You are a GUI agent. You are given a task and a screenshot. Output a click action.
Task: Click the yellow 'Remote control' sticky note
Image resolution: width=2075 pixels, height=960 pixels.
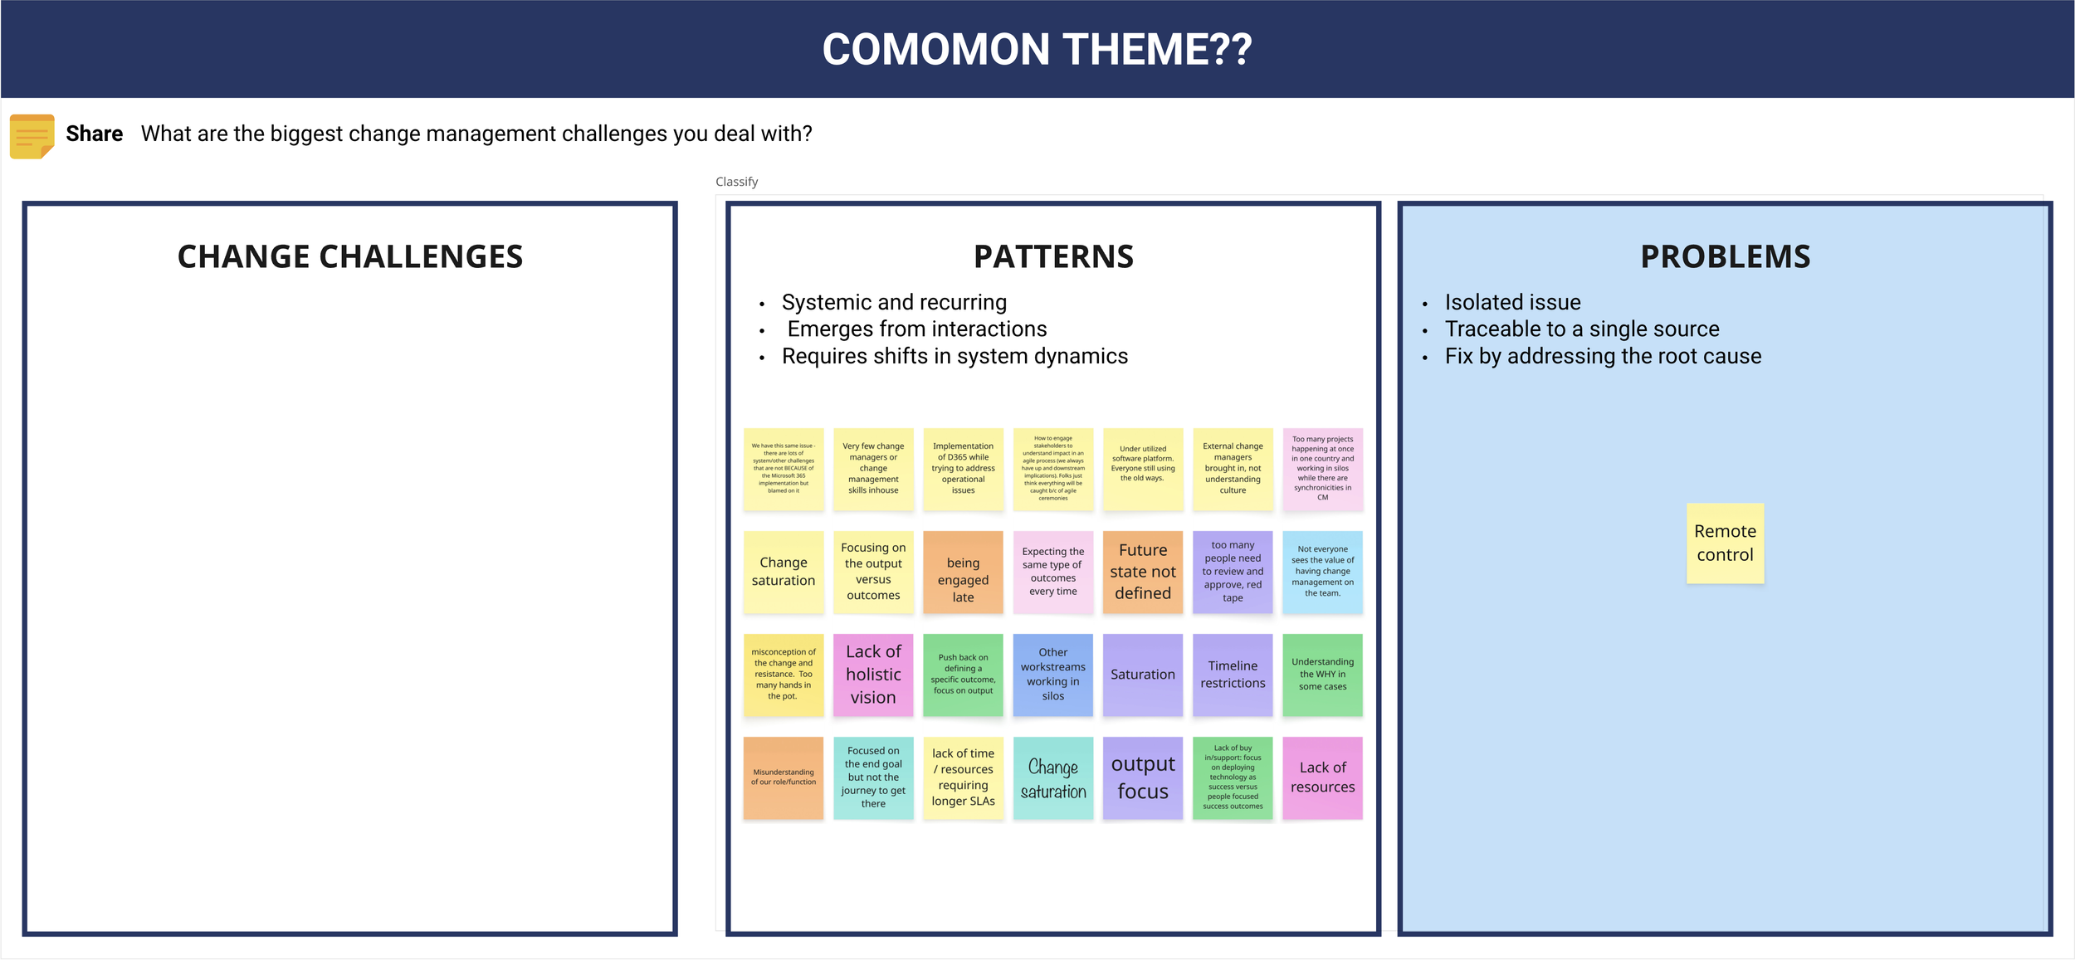click(1725, 543)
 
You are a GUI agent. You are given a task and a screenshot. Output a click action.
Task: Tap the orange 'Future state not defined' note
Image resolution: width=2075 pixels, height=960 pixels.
click(1143, 572)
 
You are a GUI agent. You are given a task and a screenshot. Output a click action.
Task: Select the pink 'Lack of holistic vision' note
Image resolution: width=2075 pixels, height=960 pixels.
click(873, 675)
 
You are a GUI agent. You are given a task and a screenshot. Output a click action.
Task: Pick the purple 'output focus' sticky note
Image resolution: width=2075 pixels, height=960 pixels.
click(1143, 777)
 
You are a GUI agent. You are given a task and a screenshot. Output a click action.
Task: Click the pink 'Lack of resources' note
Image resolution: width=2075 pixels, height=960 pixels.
click(1322, 777)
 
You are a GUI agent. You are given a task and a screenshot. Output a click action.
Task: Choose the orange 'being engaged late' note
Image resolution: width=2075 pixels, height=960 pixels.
click(963, 572)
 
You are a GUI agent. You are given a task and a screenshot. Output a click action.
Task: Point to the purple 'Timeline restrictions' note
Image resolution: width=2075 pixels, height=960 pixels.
click(1233, 675)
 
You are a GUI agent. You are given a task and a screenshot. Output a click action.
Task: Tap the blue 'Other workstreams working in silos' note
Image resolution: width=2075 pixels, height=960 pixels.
click(1052, 675)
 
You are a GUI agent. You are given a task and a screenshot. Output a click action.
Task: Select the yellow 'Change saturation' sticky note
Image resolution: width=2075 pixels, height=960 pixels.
click(784, 572)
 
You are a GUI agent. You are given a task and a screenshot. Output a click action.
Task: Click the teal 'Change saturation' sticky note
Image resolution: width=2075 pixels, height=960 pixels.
click(1052, 777)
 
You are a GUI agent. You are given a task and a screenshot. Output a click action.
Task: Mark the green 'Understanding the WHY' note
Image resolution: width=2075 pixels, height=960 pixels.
click(1322, 675)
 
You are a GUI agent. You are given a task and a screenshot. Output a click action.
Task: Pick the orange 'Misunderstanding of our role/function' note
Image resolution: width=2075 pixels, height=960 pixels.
click(784, 777)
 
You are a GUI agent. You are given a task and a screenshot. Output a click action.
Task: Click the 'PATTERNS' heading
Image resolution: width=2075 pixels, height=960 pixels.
click(1053, 257)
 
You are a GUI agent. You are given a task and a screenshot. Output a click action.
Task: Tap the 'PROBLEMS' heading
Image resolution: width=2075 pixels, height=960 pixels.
click(1725, 257)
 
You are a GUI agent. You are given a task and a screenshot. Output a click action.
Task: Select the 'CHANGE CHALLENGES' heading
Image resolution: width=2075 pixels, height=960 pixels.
click(350, 257)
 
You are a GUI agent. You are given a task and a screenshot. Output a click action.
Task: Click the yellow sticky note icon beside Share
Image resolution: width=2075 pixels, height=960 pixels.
click(32, 136)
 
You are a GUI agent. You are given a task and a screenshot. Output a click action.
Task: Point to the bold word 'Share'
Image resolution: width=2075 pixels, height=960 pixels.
click(94, 134)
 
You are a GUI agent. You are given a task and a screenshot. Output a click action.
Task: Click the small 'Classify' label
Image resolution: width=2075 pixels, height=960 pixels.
click(736, 182)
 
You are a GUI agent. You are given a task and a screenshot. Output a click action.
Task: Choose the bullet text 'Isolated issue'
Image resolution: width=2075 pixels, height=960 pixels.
click(1512, 303)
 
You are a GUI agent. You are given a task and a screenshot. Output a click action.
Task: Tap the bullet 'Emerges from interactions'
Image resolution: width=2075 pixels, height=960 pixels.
click(916, 329)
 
